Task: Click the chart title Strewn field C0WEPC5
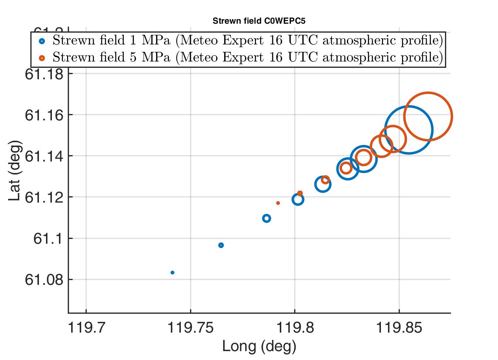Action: pos(259,21)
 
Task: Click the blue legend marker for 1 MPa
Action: pos(42,41)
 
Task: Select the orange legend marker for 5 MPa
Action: pos(42,58)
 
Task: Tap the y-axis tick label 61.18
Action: pos(44,74)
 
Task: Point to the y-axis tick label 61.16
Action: pos(44,115)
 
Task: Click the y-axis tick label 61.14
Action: pos(44,156)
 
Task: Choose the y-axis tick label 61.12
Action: pos(44,197)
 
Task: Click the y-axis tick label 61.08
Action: pos(44,280)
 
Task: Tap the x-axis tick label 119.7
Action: pos(86,328)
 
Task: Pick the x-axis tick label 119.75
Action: pos(190,328)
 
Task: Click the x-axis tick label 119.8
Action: pos(295,328)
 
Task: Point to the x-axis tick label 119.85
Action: pos(399,328)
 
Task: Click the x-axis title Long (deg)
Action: pos(259,346)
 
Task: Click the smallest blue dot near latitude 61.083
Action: pos(172,273)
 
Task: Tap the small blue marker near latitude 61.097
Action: pos(221,245)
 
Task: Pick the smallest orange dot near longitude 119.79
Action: pos(278,203)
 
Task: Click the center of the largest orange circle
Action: pos(428,117)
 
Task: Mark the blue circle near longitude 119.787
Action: pos(266,219)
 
